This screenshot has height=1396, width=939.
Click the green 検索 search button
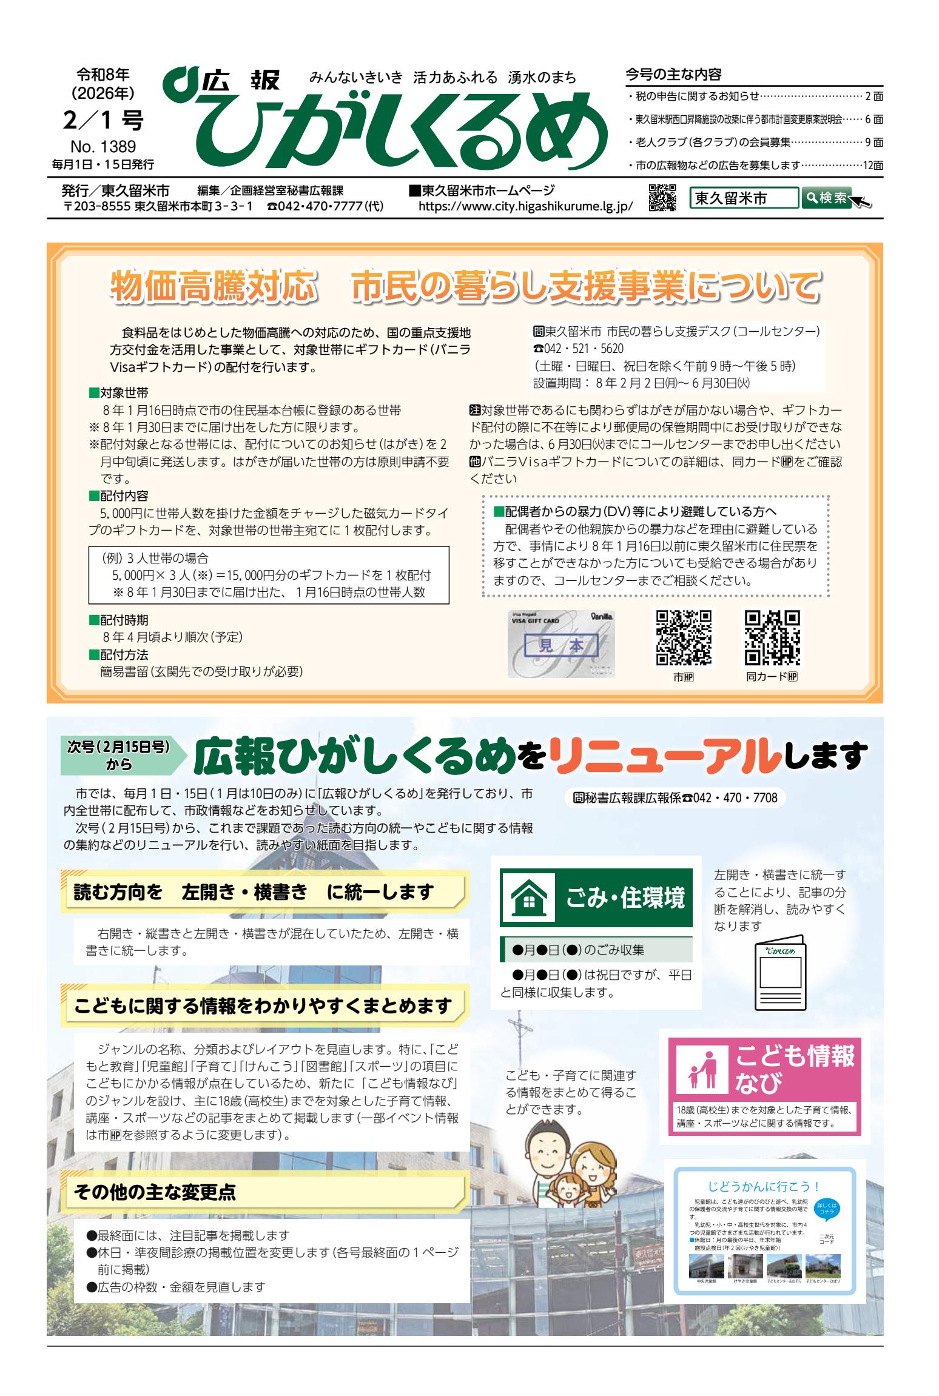[826, 198]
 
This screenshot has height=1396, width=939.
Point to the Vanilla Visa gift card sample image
[561, 644]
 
